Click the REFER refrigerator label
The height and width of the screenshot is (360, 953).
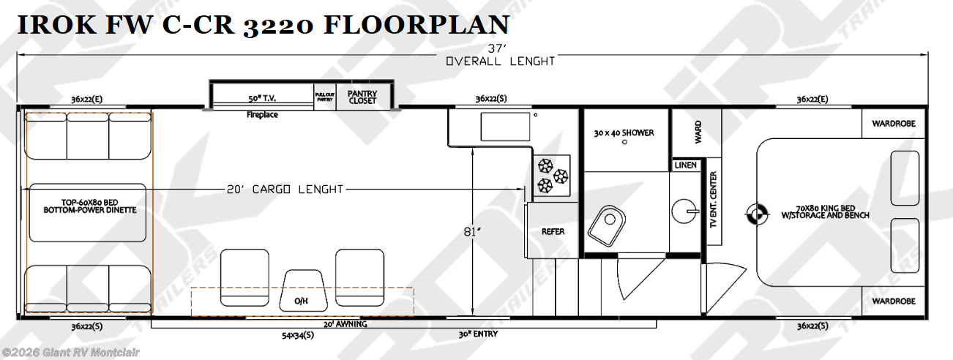pyautogui.click(x=553, y=231)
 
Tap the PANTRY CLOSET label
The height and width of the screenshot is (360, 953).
pyautogui.click(x=362, y=97)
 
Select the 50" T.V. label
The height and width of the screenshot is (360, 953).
pyautogui.click(x=262, y=98)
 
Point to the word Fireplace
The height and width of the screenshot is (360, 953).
pyautogui.click(x=262, y=114)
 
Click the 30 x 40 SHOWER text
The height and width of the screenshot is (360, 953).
pyautogui.click(x=624, y=132)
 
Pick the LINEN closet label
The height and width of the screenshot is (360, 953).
pyautogui.click(x=685, y=165)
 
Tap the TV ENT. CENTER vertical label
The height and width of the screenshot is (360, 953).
pyautogui.click(x=714, y=199)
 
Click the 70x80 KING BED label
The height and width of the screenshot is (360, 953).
pyautogui.click(x=826, y=208)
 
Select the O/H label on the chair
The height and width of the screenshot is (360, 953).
pyautogui.click(x=302, y=301)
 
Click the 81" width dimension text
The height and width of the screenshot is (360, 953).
pyautogui.click(x=472, y=232)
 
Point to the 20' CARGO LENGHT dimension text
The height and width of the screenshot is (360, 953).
pyautogui.click(x=285, y=190)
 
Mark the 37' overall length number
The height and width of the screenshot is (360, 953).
pyautogui.click(x=497, y=48)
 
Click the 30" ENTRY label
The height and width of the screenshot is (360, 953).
pyautogui.click(x=478, y=334)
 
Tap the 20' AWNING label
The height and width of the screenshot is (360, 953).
pyautogui.click(x=345, y=324)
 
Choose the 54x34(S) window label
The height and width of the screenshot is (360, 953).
pyautogui.click(x=298, y=335)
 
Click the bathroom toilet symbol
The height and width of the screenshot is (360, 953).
pyautogui.click(x=606, y=225)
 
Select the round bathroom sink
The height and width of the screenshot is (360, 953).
pyautogui.click(x=684, y=211)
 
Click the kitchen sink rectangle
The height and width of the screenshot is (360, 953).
pyautogui.click(x=505, y=127)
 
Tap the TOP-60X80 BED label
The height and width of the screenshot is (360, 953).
pyautogui.click(x=90, y=203)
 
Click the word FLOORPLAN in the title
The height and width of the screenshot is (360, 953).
pyautogui.click(x=416, y=25)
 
